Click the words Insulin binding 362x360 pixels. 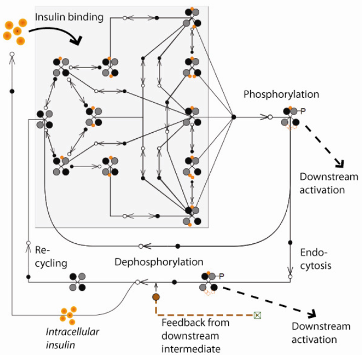(69, 18)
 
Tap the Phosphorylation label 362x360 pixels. (281, 95)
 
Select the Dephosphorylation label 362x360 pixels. (159, 262)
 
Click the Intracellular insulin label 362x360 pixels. (73, 338)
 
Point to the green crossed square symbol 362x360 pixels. (257, 315)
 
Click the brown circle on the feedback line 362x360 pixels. (156, 297)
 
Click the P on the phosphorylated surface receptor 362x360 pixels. (303, 111)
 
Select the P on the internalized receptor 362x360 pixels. (221, 276)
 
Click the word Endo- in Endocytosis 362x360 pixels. (314, 253)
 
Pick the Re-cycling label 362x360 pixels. (51, 257)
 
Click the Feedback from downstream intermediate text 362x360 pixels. (195, 336)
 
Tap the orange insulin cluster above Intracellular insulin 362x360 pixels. (68, 316)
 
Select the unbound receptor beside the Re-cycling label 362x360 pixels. (77, 282)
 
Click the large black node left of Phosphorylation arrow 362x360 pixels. (234, 117)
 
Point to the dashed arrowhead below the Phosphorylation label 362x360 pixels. (340, 164)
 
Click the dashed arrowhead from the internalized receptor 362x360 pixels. (312, 313)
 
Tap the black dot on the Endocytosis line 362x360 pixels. (291, 243)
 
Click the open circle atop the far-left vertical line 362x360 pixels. (12, 54)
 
